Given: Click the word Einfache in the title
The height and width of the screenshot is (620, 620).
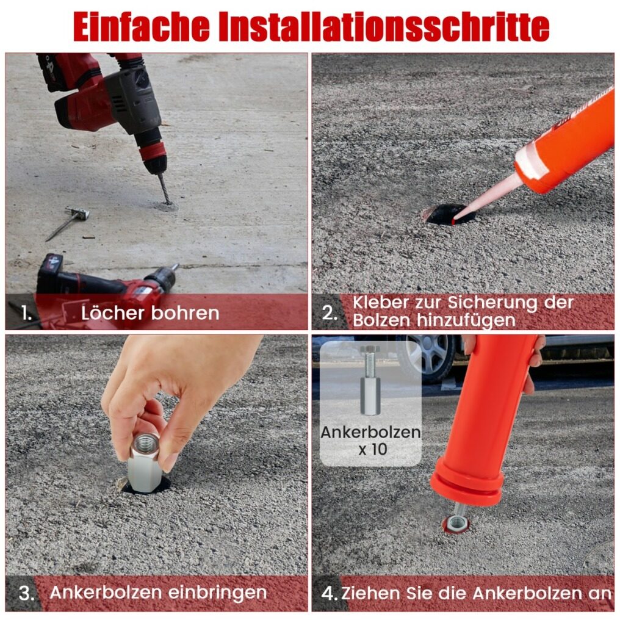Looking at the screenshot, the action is [141, 26].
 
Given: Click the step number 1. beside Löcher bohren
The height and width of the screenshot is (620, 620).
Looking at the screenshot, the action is [27, 313].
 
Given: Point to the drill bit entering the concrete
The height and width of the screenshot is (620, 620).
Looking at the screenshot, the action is [165, 189].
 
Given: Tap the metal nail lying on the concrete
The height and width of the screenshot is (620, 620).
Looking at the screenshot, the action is [68, 223].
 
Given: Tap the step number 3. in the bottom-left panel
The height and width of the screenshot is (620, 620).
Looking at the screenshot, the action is [26, 594].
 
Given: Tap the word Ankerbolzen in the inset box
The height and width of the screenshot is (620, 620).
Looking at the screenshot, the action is [370, 432].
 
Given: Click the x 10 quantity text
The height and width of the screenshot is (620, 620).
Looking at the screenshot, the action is [372, 449].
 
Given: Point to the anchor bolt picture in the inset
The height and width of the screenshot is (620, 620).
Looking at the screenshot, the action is [370, 380].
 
